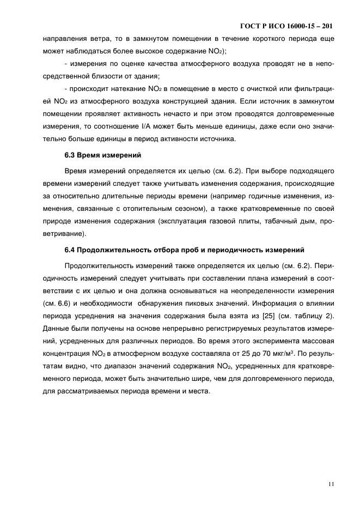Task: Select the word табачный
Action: pyautogui.click(x=267, y=221)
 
